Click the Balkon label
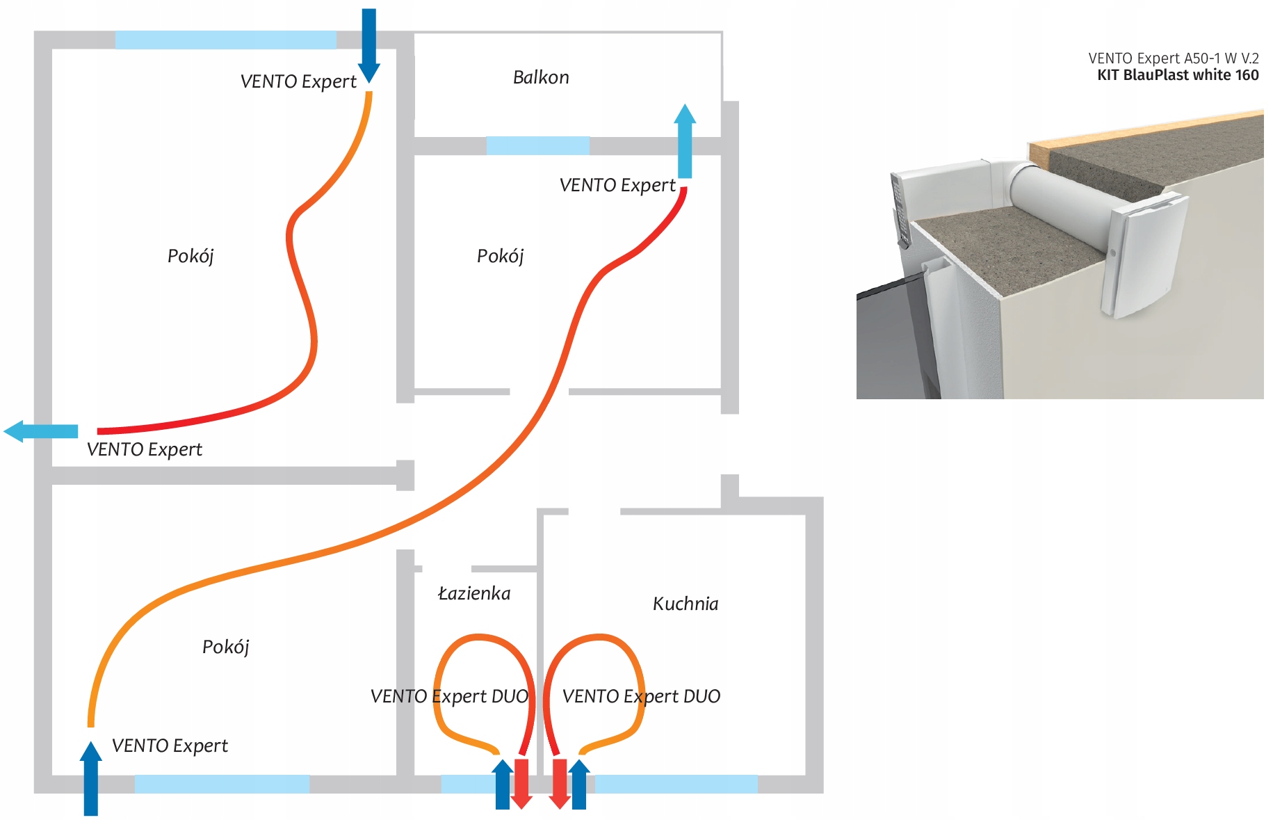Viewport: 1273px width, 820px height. pyautogui.click(x=541, y=77)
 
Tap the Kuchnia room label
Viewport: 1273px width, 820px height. pyautogui.click(x=686, y=604)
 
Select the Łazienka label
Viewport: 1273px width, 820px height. pyautogui.click(x=474, y=593)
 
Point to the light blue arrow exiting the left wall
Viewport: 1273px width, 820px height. pyautogui.click(x=42, y=431)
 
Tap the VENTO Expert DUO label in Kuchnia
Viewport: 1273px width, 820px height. pyautogui.click(x=641, y=696)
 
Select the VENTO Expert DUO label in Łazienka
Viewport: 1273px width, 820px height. pyautogui.click(x=449, y=696)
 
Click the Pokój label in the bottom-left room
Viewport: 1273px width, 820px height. pyautogui.click(x=225, y=647)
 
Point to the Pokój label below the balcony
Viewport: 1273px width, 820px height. pyautogui.click(x=500, y=256)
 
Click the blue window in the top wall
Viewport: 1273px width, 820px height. pyautogui.click(x=226, y=40)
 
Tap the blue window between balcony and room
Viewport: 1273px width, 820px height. pyautogui.click(x=537, y=145)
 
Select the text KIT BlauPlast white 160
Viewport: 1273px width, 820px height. pyautogui.click(x=1178, y=75)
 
